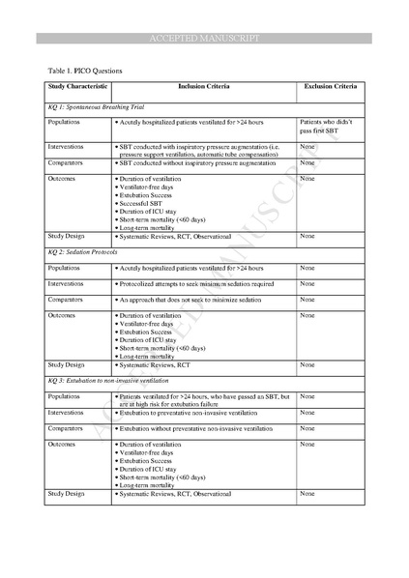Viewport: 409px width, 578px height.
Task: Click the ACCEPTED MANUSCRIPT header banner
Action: coord(204,38)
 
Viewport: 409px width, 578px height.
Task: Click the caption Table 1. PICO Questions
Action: coord(83,71)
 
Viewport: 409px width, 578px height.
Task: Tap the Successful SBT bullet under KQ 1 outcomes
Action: coord(145,205)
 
